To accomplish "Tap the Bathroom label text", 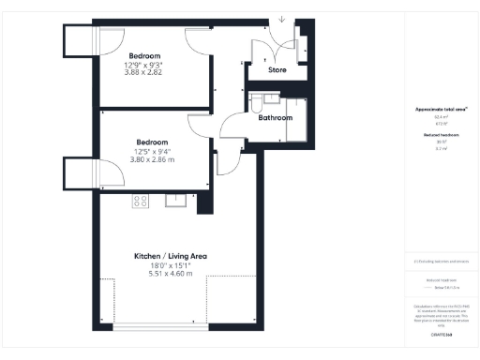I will tap(276, 118).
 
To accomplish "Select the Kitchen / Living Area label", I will tap(170, 256).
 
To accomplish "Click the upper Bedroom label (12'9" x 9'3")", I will tap(143, 55).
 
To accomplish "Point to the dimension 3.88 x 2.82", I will tap(143, 72).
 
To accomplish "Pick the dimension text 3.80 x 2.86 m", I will tap(151, 159).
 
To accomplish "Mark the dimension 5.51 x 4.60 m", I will tap(170, 273).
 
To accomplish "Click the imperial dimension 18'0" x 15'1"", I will tap(170, 264).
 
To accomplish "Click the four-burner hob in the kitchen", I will tap(141, 200).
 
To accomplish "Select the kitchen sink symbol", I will tap(175, 199).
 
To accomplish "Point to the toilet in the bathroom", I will tap(269, 98).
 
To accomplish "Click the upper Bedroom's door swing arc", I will tap(197, 37).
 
